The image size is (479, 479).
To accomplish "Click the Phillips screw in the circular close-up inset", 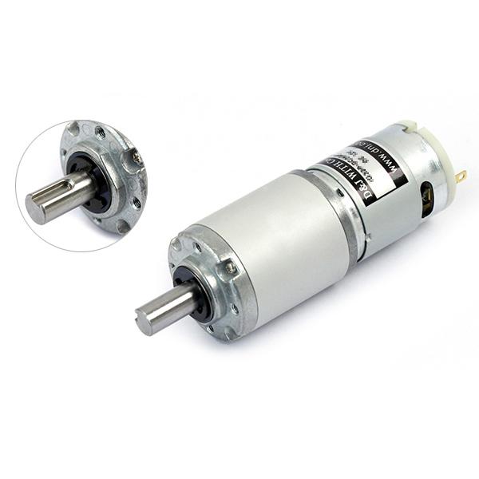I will point(137,160).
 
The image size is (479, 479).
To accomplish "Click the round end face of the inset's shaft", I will point(36,209).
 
